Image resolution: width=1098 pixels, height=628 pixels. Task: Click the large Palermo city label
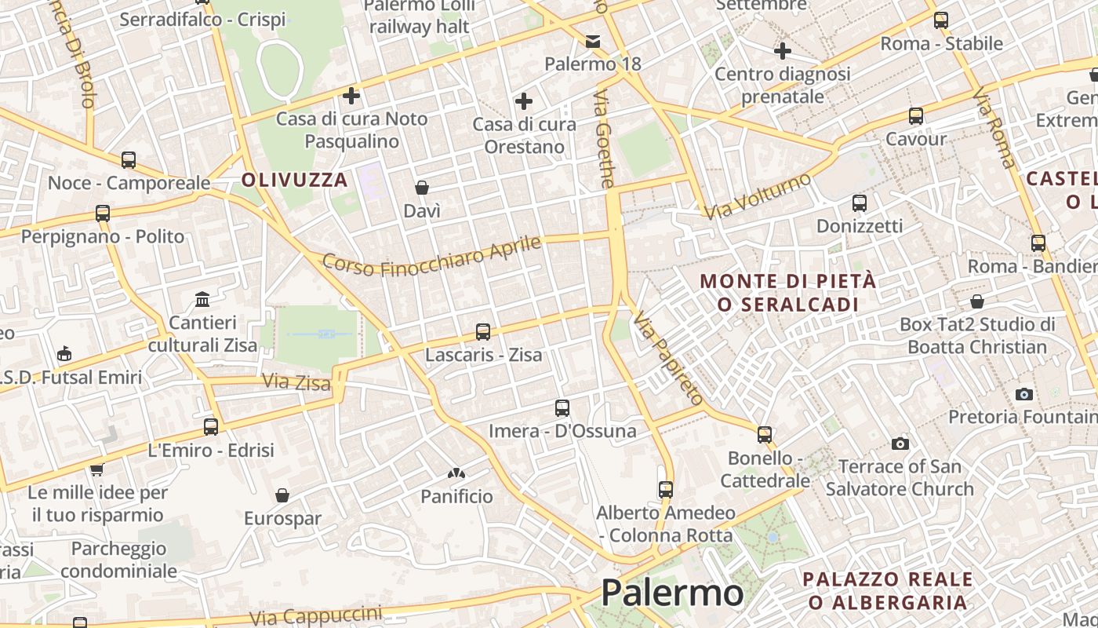coord(672,593)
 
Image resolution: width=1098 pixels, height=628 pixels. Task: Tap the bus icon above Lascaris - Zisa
coord(483,332)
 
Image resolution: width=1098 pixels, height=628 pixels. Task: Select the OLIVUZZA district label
coord(294,180)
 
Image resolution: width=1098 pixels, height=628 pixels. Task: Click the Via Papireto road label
coord(668,358)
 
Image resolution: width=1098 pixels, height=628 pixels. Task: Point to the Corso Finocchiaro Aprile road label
coord(431,256)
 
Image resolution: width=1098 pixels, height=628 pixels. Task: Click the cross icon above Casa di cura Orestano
coord(523,101)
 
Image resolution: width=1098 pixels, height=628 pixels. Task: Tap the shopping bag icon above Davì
coord(422,188)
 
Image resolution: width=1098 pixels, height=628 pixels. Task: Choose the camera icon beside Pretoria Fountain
coord(1023,394)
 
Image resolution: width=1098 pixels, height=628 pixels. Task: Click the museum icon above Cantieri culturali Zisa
coord(202,300)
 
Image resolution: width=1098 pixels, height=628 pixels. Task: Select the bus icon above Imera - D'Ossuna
coord(562,408)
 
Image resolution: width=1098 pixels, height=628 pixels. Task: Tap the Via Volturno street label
coord(757,196)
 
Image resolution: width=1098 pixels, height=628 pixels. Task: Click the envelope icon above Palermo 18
coord(593,41)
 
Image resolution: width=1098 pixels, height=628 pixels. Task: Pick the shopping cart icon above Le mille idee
coord(96,469)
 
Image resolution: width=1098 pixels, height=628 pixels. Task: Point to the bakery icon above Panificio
coord(456,473)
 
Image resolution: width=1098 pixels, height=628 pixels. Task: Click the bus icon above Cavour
coord(915,116)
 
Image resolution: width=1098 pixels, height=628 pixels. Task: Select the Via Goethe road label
coord(603,149)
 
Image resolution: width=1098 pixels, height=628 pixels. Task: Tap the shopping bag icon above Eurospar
coord(282,495)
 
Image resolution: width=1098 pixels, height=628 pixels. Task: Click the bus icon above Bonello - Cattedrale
coord(765,434)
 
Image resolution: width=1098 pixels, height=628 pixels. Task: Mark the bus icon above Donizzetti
coord(860,203)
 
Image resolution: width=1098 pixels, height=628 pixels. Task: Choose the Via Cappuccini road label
coord(316,617)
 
